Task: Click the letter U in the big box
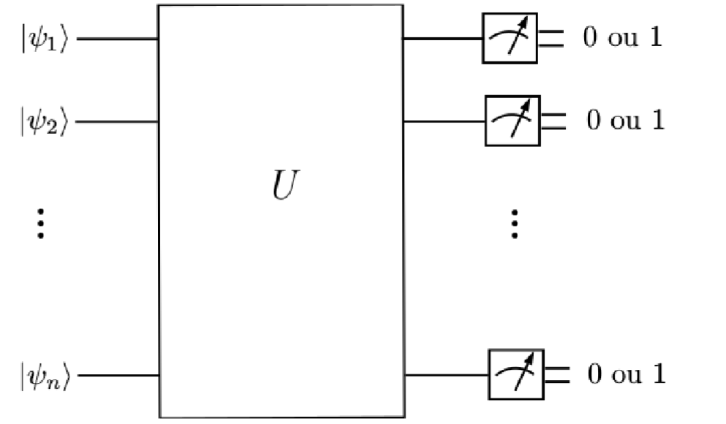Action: point(281,188)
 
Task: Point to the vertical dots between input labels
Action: point(41,223)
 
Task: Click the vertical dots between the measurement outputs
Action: point(515,223)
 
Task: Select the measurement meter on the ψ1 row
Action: point(510,38)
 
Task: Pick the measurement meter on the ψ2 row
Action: point(513,120)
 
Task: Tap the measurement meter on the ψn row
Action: point(515,375)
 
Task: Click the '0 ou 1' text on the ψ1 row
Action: point(623,38)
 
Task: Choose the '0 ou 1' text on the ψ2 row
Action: point(626,120)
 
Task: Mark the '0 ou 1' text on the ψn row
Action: point(627,375)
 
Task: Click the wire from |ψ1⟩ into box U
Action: point(117,38)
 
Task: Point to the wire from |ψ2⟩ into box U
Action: point(117,121)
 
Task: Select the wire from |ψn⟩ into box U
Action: point(117,376)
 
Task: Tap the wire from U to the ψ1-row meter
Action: point(443,38)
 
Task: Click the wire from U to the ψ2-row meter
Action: point(445,121)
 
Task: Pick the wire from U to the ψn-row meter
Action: point(446,376)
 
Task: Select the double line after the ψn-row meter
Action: point(556,376)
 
